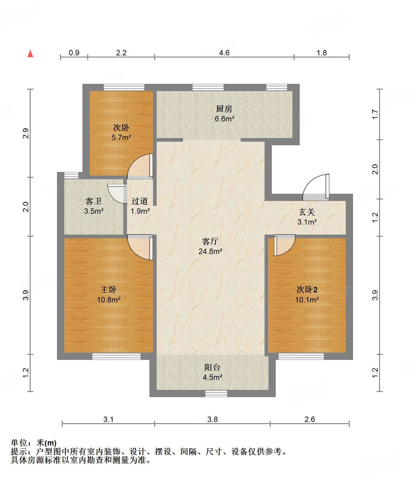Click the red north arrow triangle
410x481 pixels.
pos(30,54)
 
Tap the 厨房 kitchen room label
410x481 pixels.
pos(224,109)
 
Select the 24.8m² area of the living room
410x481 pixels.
pos(210,251)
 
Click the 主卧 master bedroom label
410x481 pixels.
pos(108,290)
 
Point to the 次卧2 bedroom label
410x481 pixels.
pos(307,290)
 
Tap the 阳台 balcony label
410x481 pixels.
pos(212,367)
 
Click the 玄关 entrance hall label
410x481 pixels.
pos(307,212)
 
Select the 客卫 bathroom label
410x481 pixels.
pos(93,201)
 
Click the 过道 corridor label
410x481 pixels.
pos(140,201)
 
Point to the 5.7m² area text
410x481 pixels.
pos(121,138)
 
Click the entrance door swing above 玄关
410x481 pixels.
pos(316,187)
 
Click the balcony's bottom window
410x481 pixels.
pos(216,394)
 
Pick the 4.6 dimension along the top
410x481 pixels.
pos(224,53)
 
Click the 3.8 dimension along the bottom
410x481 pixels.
pos(212,419)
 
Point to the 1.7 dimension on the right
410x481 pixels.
pos(375,114)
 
